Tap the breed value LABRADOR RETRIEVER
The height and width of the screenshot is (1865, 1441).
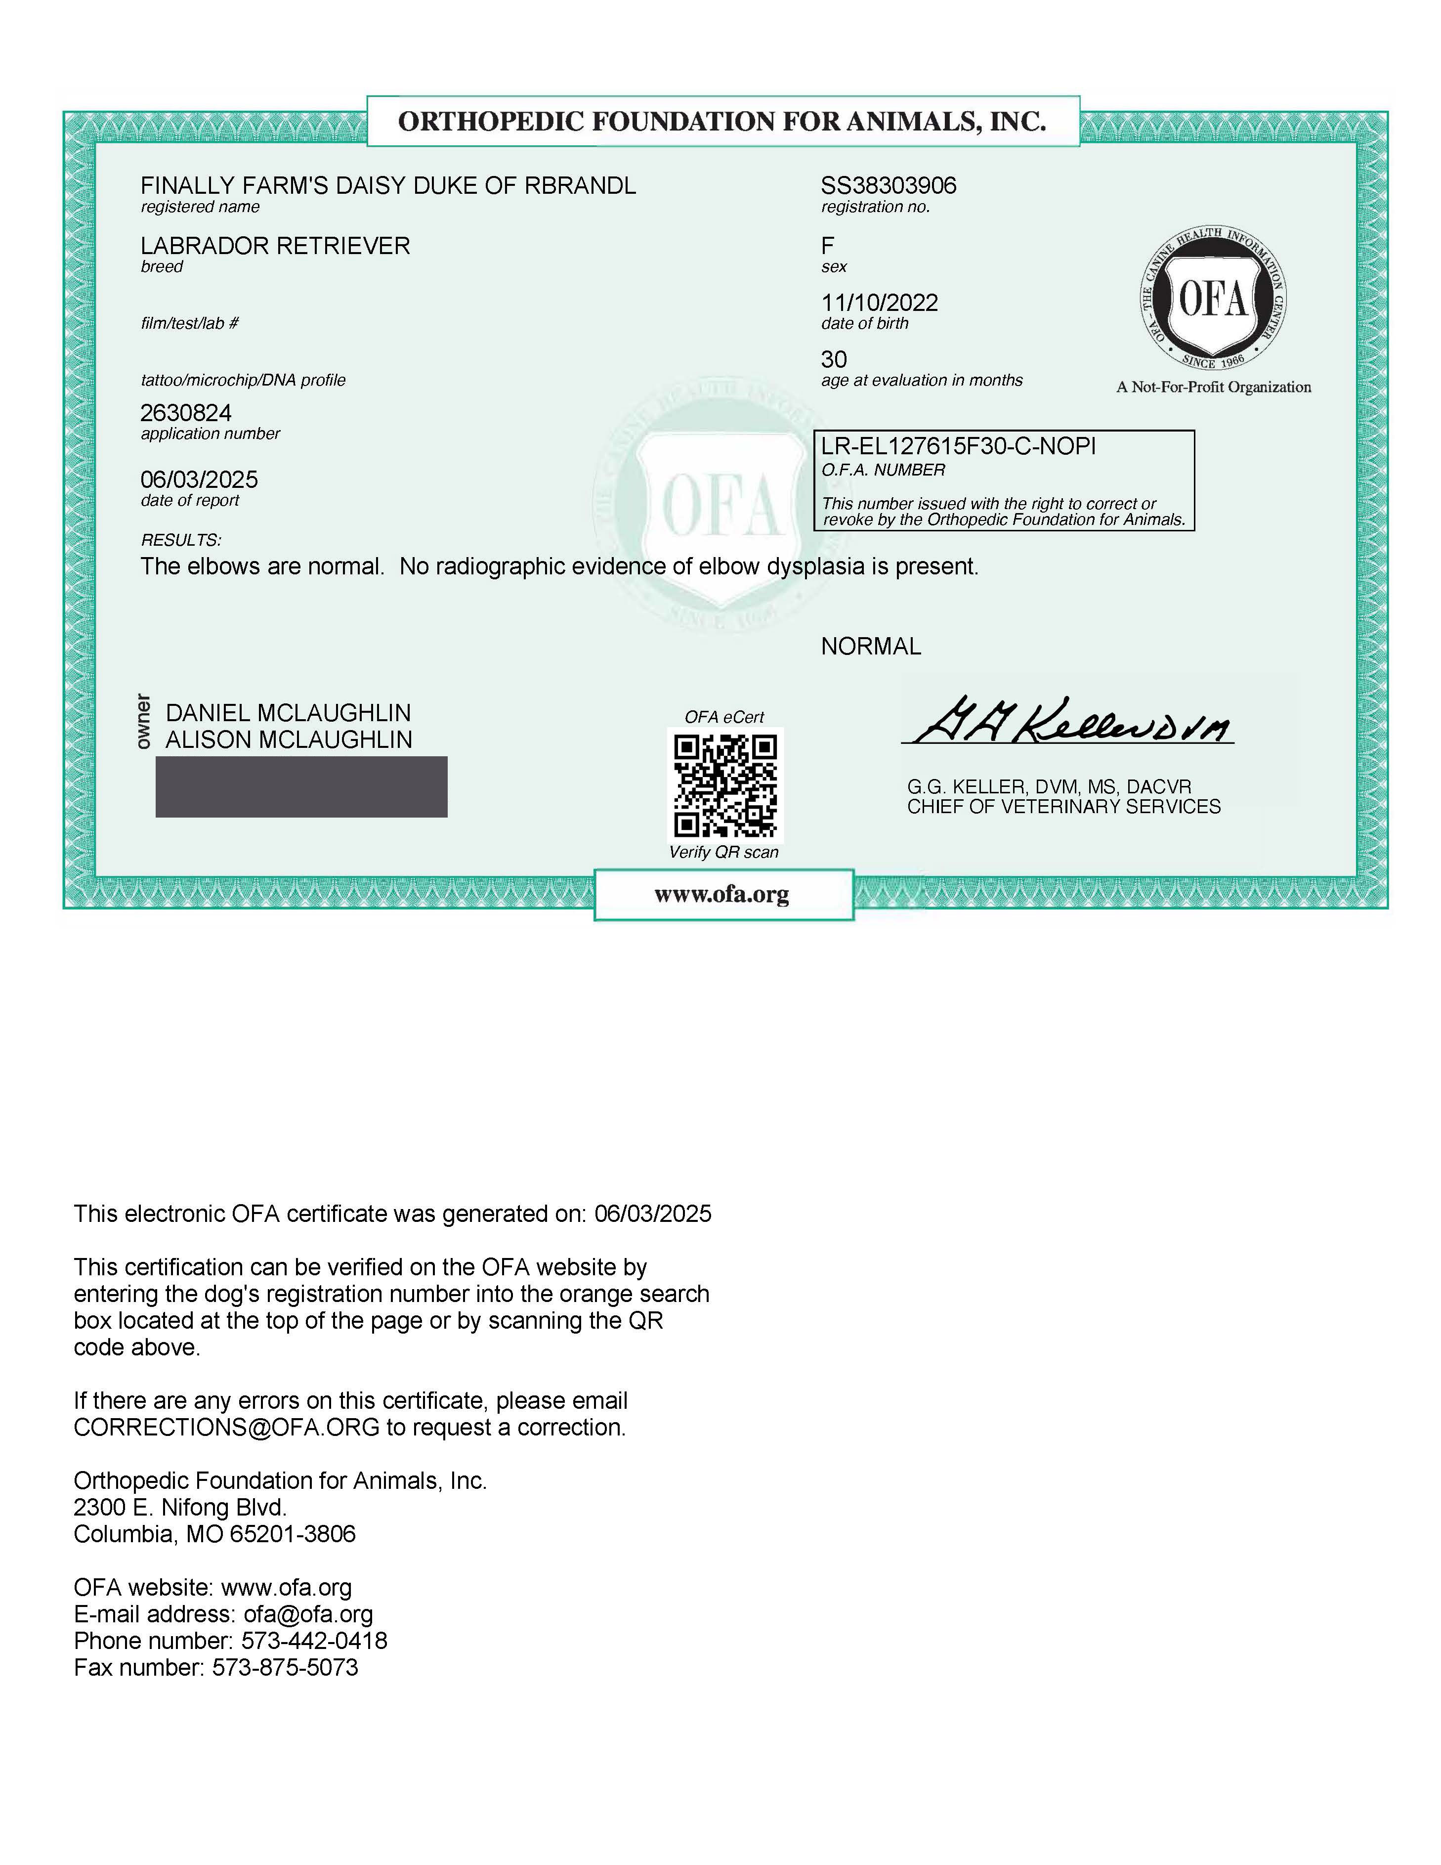(x=275, y=246)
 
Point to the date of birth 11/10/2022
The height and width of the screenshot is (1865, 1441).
(x=879, y=303)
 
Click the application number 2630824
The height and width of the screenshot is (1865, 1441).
(x=186, y=413)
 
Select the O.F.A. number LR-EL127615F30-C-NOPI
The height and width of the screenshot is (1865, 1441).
(x=958, y=447)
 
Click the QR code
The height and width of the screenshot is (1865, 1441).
(x=725, y=785)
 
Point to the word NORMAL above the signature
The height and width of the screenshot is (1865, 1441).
(x=871, y=647)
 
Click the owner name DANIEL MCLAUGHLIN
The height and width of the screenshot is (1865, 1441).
(x=288, y=713)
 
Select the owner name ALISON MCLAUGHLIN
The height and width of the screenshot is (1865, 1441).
(x=289, y=739)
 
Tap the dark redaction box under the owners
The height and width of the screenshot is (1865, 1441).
(x=301, y=786)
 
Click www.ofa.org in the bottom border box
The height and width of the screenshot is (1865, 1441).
(x=722, y=895)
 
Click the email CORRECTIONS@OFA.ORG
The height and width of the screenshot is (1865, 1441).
(x=226, y=1428)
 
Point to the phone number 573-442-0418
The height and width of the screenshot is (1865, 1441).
(x=314, y=1641)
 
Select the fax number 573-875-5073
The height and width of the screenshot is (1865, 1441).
(x=285, y=1668)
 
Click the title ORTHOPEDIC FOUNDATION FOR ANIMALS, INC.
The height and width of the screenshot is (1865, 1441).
(x=722, y=121)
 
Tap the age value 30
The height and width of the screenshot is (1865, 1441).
(x=834, y=359)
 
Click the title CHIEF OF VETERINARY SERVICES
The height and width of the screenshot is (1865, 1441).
(x=1063, y=807)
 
